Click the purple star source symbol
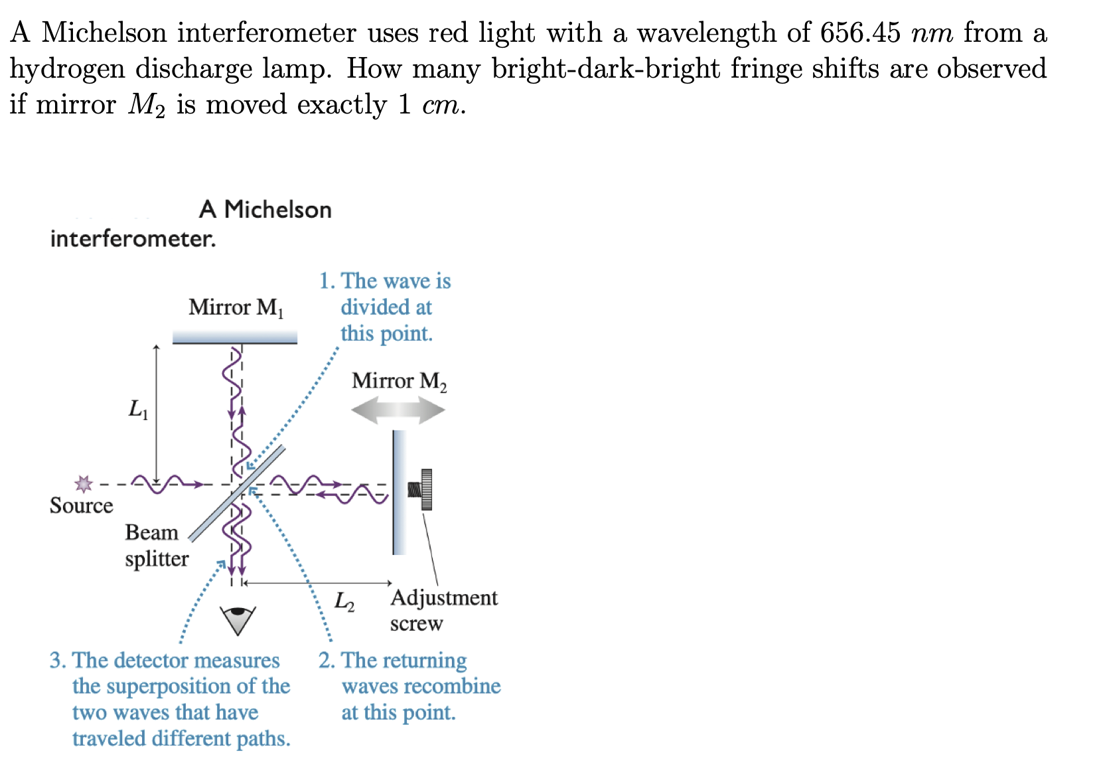83,483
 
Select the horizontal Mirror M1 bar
234,338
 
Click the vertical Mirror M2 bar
399,492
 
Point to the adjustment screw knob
425,490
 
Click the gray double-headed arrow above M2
398,410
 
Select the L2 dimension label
344,601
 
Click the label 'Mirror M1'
236,307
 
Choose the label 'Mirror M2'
399,381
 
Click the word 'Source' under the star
81,506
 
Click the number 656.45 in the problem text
859,33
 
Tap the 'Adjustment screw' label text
443,610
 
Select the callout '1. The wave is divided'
386,307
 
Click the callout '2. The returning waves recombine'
409,686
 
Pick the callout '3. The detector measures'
171,698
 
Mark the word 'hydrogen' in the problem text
66,69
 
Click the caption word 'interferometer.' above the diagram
133,239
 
